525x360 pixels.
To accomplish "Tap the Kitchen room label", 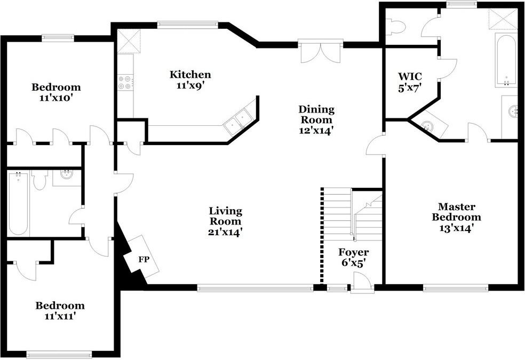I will [x=190, y=75].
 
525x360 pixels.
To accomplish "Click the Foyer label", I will [x=353, y=252].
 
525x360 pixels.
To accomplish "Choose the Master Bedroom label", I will [x=456, y=212].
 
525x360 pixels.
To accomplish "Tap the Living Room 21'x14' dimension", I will [x=225, y=232].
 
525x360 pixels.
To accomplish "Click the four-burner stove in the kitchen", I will [x=125, y=83].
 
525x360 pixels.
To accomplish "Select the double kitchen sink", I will [x=238, y=121].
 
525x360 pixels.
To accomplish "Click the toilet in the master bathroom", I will [x=395, y=27].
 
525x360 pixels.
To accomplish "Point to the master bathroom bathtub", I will [x=505, y=60].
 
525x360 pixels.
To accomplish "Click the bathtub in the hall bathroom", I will [x=18, y=203].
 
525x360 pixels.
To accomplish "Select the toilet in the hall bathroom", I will [x=40, y=180].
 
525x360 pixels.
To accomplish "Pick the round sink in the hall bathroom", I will [x=66, y=175].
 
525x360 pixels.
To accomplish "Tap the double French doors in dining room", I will [x=320, y=52].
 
